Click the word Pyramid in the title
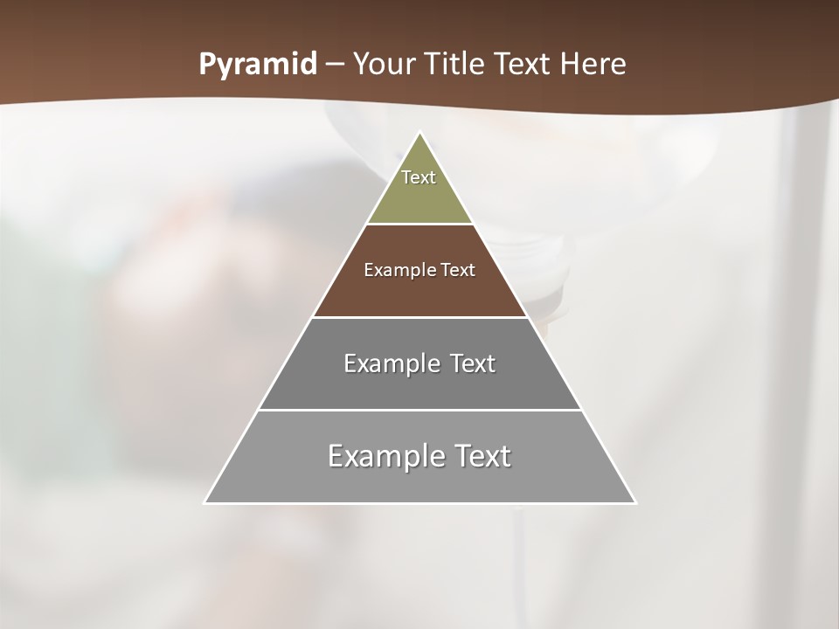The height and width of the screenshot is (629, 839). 258,65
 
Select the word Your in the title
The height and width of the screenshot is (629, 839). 385,64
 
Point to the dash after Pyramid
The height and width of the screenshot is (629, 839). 334,65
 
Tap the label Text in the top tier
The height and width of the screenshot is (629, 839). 419,177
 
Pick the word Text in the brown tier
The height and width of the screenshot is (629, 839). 458,270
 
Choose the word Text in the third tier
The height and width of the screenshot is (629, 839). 472,363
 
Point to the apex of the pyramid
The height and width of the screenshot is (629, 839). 420,133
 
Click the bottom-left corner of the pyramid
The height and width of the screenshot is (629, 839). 205,502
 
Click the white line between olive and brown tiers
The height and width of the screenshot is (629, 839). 419,225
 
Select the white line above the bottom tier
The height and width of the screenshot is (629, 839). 419,410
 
